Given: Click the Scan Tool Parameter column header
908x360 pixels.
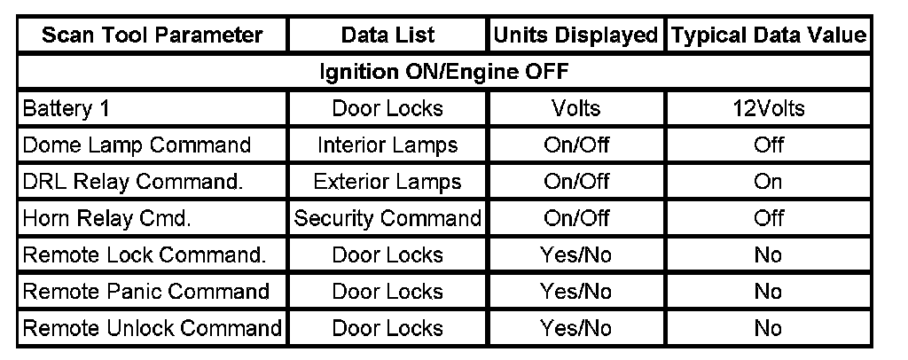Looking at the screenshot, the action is [153, 35].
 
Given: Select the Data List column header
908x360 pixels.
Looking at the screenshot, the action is [387, 35].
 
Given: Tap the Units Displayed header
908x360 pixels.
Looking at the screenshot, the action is [575, 35].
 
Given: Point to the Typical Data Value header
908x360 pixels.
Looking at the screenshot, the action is [768, 35].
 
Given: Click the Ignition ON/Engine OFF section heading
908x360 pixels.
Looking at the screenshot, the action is [443, 72].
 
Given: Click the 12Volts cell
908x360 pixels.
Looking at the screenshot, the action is [768, 109].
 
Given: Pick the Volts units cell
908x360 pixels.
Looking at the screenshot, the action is [575, 109].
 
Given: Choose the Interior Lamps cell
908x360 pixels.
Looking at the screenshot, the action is [387, 145].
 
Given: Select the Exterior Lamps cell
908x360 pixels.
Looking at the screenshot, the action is [387, 182].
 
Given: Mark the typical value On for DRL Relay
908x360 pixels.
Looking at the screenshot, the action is [768, 182].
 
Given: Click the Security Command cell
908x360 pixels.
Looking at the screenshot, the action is [387, 218].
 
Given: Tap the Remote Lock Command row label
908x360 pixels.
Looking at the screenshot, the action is [145, 255].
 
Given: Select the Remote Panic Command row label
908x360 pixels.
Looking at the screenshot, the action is [146, 292].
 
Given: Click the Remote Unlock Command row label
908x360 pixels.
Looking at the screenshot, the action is [152, 328].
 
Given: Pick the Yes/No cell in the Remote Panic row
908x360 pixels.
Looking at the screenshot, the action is [575, 292].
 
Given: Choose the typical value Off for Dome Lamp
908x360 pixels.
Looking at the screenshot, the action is [768, 145].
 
